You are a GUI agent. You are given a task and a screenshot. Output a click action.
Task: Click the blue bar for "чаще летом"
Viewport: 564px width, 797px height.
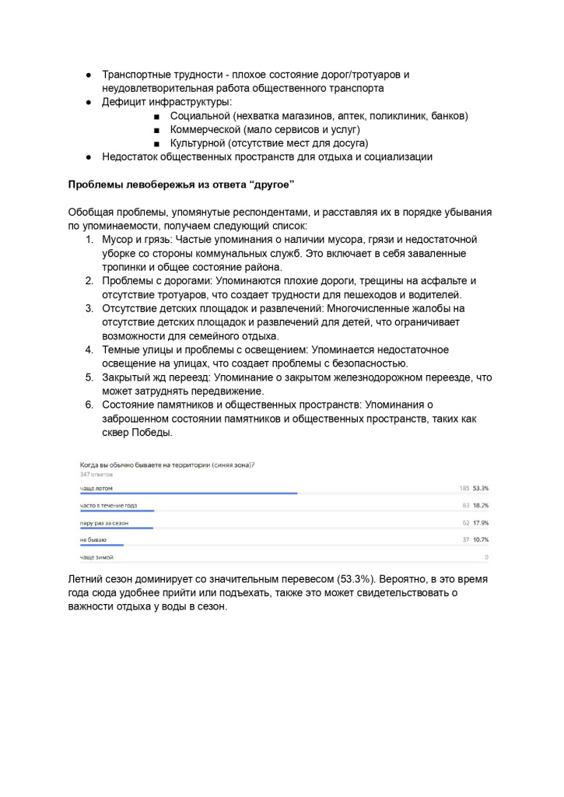point(188,493)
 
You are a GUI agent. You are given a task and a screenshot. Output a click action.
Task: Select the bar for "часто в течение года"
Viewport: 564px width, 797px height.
point(117,511)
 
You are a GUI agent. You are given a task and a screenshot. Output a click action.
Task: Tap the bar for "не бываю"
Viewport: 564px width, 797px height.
point(101,545)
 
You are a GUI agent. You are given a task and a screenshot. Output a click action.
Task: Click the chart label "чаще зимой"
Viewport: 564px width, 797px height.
point(96,557)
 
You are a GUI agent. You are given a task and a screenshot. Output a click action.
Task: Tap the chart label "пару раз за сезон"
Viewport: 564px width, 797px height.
point(104,522)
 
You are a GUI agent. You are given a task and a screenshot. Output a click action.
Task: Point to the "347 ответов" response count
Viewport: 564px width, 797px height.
point(96,474)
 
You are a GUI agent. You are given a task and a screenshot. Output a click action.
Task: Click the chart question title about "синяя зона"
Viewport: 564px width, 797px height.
point(167,465)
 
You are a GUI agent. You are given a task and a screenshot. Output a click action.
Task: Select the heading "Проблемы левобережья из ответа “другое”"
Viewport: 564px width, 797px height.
point(181,184)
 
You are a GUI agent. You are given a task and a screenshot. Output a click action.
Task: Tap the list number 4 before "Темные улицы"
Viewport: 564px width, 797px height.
point(89,349)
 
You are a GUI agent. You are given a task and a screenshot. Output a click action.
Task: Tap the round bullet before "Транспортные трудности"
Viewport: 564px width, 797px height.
point(89,75)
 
